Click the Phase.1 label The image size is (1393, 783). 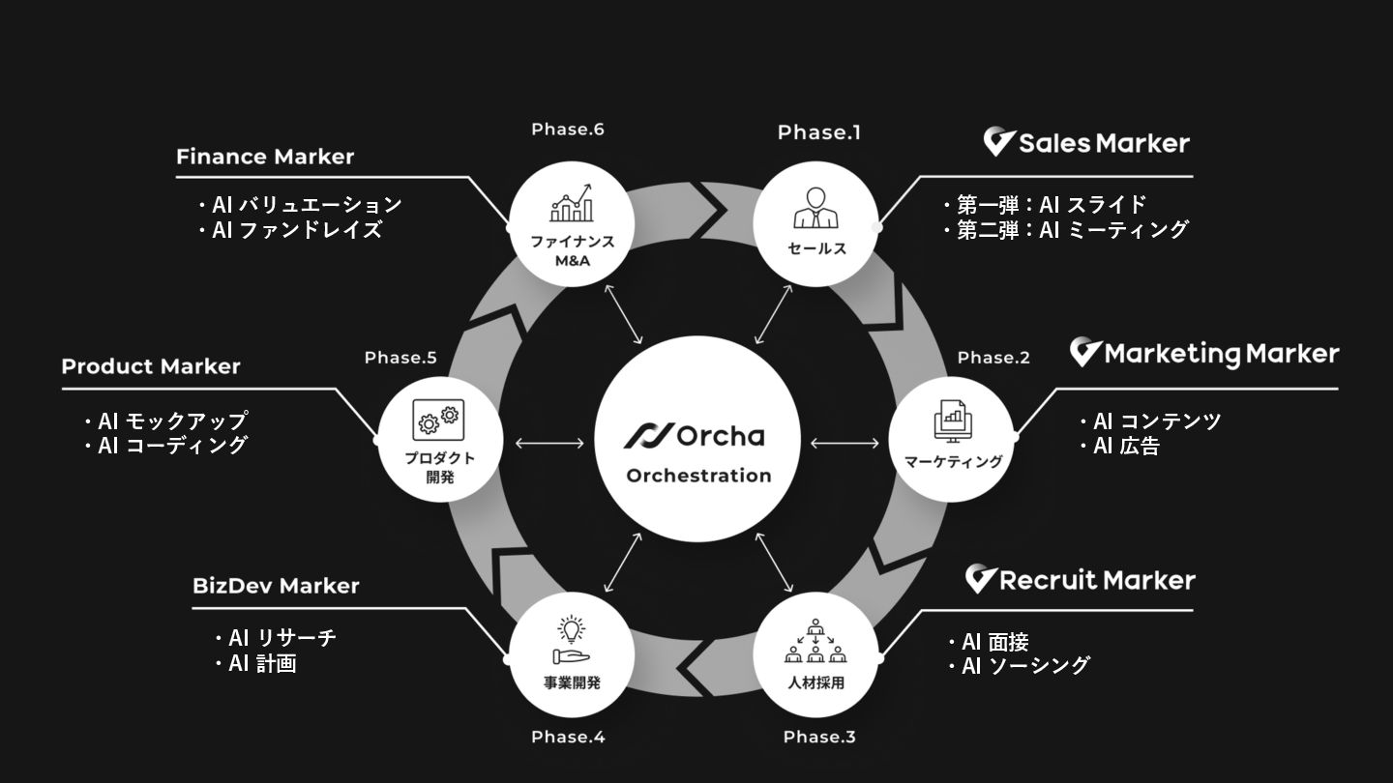tap(818, 132)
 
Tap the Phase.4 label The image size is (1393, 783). tap(568, 737)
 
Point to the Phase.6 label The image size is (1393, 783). tap(568, 129)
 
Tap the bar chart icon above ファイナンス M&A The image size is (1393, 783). tap(572, 204)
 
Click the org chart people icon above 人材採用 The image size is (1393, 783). tap(816, 641)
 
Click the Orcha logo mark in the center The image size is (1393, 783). tap(645, 436)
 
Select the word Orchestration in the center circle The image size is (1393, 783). tap(698, 476)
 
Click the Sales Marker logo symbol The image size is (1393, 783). tap(998, 143)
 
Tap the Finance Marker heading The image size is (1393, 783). tap(265, 157)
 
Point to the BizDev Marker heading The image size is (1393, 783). tap(276, 586)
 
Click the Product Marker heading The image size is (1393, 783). tap(151, 366)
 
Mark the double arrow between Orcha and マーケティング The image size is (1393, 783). tap(844, 444)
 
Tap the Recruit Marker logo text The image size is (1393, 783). tap(1096, 580)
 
